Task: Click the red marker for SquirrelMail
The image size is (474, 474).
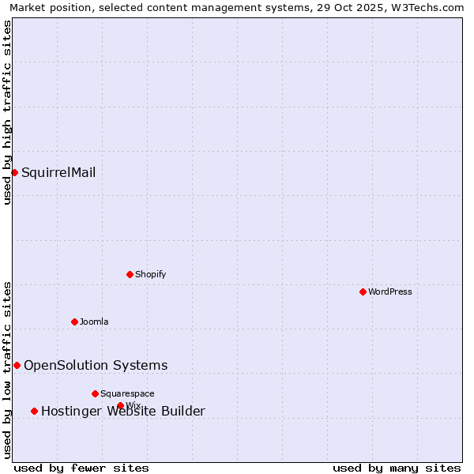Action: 14,172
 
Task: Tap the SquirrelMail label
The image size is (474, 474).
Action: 58,172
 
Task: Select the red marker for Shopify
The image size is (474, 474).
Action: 130,274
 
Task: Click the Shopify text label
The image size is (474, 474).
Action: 150,274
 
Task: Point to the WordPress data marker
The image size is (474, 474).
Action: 363,292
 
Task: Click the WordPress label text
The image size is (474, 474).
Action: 389,292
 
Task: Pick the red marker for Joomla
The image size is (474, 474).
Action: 74,322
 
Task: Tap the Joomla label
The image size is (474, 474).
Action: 94,322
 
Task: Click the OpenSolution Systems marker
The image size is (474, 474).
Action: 17,365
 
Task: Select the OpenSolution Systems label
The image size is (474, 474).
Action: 96,365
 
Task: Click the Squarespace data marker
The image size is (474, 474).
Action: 95,393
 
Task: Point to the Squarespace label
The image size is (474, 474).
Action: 127,393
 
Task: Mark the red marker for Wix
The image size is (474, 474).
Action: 120,405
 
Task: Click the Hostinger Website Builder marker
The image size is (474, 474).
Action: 34,411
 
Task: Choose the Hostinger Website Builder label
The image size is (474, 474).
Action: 123,411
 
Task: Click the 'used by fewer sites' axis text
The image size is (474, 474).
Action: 81,468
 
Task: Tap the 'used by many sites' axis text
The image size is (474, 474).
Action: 397,468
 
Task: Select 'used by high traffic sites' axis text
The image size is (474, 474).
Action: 7,112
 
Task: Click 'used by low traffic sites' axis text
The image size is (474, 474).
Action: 7,369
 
